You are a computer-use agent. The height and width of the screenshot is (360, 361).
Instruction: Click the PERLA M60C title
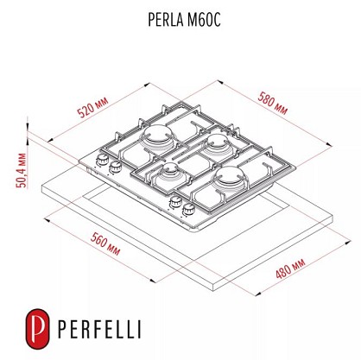point(184,20)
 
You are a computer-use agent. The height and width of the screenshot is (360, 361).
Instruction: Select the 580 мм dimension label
point(273,103)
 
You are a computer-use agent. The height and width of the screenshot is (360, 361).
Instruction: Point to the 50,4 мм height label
point(22,170)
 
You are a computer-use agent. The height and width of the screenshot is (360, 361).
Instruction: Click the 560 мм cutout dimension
point(105,243)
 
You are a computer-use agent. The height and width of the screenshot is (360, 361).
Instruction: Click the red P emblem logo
point(37,329)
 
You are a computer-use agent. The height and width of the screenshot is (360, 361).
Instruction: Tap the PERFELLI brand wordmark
point(99,329)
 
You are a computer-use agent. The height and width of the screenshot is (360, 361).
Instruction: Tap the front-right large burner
point(231,176)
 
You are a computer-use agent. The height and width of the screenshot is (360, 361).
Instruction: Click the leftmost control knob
point(102,161)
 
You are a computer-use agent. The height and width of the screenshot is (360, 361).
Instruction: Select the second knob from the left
point(116,167)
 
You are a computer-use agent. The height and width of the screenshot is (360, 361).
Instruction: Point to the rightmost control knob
point(188,209)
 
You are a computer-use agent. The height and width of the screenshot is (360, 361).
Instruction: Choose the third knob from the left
point(174,202)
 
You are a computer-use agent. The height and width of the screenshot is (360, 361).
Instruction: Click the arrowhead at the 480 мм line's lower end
point(258,293)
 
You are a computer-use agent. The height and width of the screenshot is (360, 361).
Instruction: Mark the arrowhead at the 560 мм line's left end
point(47,220)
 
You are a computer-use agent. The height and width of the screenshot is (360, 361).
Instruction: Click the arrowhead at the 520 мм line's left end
point(50,140)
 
